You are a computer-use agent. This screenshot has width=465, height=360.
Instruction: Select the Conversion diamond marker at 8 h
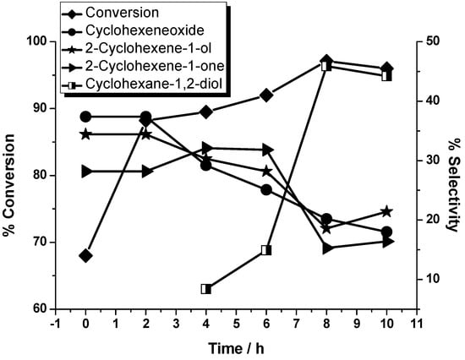pyautogui.click(x=326, y=62)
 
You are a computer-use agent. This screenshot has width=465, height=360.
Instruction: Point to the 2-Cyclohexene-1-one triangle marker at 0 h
pyautogui.click(x=85, y=172)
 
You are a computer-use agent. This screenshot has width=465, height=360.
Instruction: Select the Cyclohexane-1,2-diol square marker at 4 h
pyautogui.click(x=206, y=289)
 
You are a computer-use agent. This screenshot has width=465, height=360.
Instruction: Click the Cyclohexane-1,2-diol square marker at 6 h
pyautogui.click(x=266, y=250)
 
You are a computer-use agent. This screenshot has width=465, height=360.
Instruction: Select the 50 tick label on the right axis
pyautogui.click(x=431, y=41)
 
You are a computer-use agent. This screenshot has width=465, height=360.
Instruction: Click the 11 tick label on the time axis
pyautogui.click(x=416, y=323)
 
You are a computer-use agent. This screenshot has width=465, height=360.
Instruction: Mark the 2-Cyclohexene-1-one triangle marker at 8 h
pyautogui.click(x=326, y=248)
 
